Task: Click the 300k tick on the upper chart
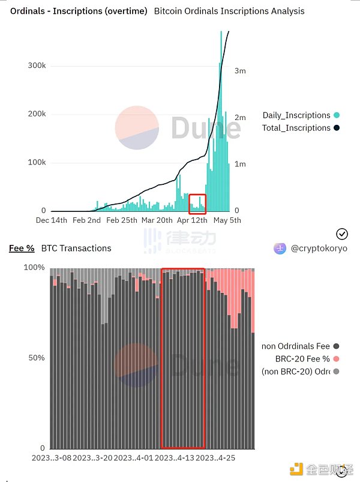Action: [37, 65]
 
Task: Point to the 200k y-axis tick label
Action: [37, 114]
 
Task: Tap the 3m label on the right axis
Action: [240, 71]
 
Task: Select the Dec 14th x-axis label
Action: [52, 220]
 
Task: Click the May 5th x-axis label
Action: [227, 220]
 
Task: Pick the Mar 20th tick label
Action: [156, 220]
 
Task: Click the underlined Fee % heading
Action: [22, 248]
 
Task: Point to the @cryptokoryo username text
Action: [319, 249]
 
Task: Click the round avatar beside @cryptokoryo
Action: [279, 249]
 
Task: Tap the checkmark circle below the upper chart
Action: [342, 234]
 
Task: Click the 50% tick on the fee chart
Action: [37, 358]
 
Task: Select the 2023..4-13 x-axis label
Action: [175, 458]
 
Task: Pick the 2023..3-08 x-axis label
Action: [52, 458]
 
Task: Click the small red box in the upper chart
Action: [197, 204]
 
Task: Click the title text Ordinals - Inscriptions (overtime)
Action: [79, 11]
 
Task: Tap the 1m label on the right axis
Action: [240, 164]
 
